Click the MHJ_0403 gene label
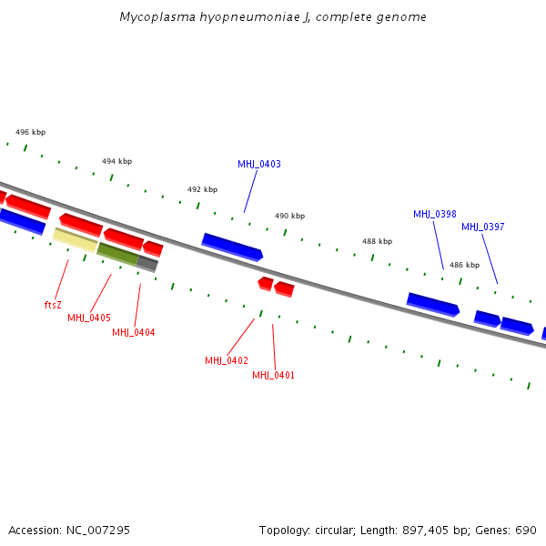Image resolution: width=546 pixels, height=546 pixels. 259,165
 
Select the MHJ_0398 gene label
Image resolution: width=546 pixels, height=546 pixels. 435,215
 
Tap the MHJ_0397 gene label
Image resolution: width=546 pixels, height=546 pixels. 482,227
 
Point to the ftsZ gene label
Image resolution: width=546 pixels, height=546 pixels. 53,305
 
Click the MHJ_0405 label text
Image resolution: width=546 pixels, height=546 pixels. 89,318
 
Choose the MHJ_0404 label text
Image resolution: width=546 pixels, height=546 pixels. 134,333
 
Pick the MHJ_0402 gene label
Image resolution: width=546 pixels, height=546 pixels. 227,361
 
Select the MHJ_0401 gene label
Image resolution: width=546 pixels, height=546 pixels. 274,376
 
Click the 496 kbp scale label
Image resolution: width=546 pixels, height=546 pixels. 30,132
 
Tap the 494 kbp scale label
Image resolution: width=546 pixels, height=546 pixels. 116,161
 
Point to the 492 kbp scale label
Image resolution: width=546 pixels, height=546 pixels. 202,189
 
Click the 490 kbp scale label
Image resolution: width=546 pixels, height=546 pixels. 289,217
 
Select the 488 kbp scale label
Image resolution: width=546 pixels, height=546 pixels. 377,242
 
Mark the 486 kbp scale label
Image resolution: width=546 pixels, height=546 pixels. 464,266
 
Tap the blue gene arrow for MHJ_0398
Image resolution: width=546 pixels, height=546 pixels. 432,304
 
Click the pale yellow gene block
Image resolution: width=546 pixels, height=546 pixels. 75,239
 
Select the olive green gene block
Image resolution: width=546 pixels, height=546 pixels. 118,254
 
